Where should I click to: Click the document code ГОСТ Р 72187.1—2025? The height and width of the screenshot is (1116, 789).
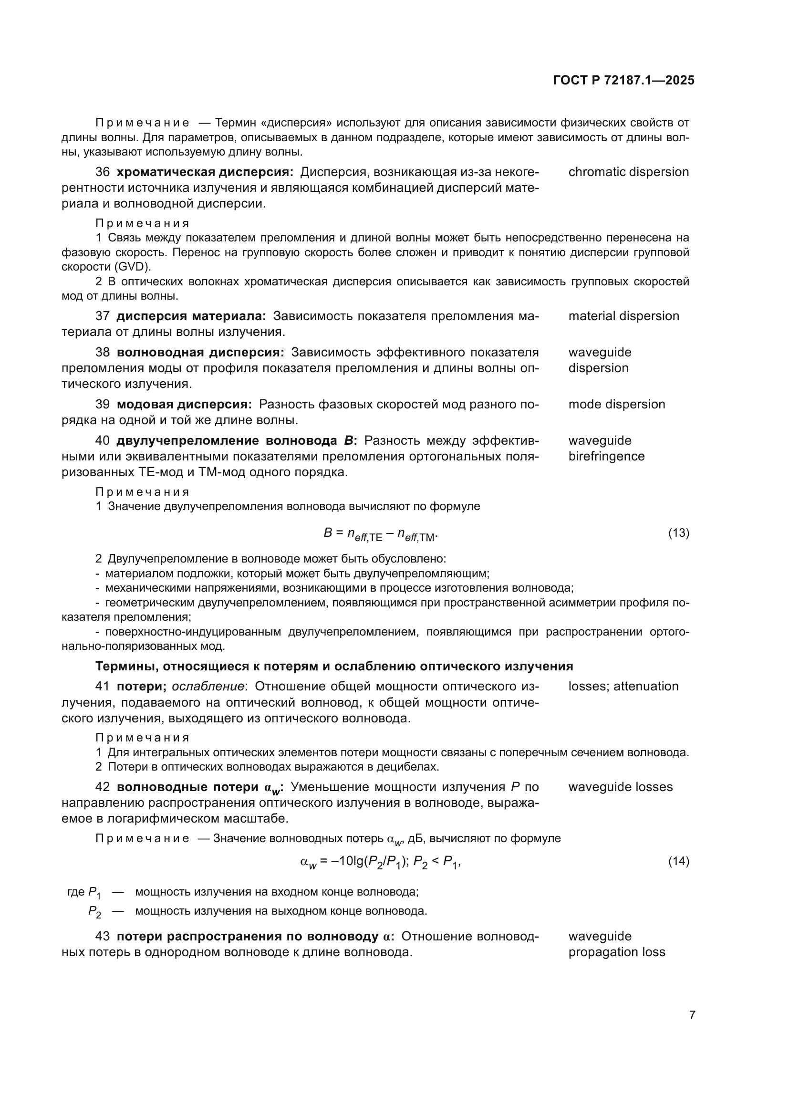pos(623,80)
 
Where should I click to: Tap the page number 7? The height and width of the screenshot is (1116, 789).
pos(692,1015)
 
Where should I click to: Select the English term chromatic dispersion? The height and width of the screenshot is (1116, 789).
pos(628,172)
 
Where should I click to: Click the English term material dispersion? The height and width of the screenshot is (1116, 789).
pos(623,316)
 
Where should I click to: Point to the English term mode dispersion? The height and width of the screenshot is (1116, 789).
pos(616,405)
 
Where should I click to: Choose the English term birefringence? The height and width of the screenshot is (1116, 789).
pos(606,457)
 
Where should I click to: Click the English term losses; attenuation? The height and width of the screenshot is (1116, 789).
pos(623,686)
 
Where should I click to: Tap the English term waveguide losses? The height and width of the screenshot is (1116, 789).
pos(621,787)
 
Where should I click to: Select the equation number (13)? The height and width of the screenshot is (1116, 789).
pos(679,533)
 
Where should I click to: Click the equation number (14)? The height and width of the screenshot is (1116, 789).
pos(679,861)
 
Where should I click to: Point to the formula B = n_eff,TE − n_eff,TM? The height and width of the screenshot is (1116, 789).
pos(380,534)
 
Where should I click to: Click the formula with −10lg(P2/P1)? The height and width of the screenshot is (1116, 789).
pos(380,862)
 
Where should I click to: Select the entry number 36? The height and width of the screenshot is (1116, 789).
pos(103,172)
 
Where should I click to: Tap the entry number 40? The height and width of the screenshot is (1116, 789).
pos(103,441)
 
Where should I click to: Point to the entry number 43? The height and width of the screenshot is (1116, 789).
pos(103,937)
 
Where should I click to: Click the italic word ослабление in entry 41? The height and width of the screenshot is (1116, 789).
pos(208,686)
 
